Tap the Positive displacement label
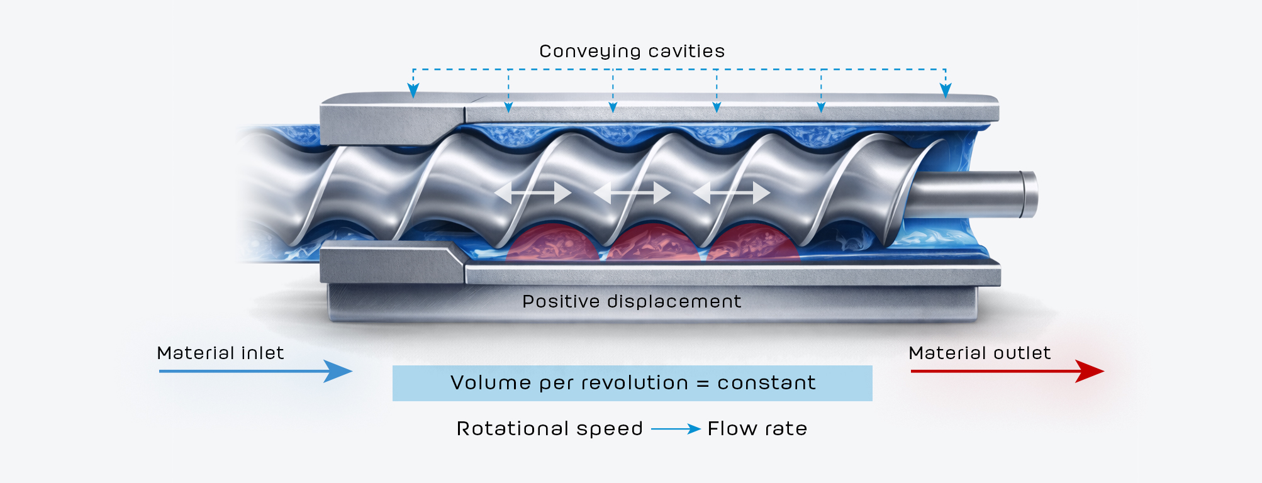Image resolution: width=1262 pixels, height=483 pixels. [x=632, y=302]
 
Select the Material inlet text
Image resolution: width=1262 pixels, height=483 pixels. [x=220, y=353]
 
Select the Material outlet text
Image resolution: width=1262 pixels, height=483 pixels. [x=979, y=353]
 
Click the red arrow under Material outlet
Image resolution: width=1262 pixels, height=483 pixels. [x=1007, y=371]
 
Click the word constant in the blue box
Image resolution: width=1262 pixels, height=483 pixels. [x=766, y=383]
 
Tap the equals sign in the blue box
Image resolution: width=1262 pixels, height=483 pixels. [x=703, y=384]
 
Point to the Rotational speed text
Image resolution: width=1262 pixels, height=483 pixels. [x=549, y=429]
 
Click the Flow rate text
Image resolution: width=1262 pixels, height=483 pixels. [x=757, y=429]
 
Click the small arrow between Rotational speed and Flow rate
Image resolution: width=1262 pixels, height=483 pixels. [x=676, y=429]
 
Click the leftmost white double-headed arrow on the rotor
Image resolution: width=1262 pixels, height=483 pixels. [x=533, y=192]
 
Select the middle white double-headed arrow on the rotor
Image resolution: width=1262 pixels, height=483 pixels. [x=632, y=192]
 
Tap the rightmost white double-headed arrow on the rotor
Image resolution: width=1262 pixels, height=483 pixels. [x=731, y=192]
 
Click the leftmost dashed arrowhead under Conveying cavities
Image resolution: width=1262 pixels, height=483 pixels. [x=413, y=91]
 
